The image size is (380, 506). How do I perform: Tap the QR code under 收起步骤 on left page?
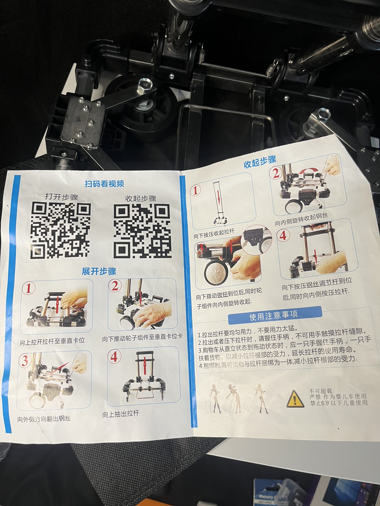142,231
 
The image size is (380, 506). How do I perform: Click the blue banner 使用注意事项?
274,315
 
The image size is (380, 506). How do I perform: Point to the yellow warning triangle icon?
295,399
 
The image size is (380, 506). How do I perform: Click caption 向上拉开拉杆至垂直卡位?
52,341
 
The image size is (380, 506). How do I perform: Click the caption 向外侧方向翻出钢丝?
44,419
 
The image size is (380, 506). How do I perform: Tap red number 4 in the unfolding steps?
114,357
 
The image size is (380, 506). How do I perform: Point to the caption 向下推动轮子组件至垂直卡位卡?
142,338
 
